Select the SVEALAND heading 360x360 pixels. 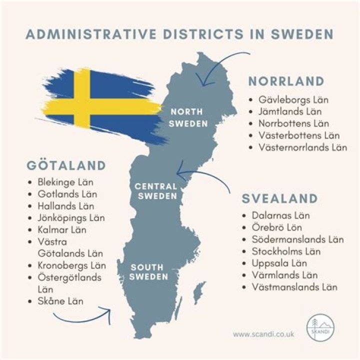click(280, 198)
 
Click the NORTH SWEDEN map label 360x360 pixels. click(188, 117)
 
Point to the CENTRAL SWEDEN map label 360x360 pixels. click(156, 191)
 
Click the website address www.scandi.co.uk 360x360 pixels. click(264, 333)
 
